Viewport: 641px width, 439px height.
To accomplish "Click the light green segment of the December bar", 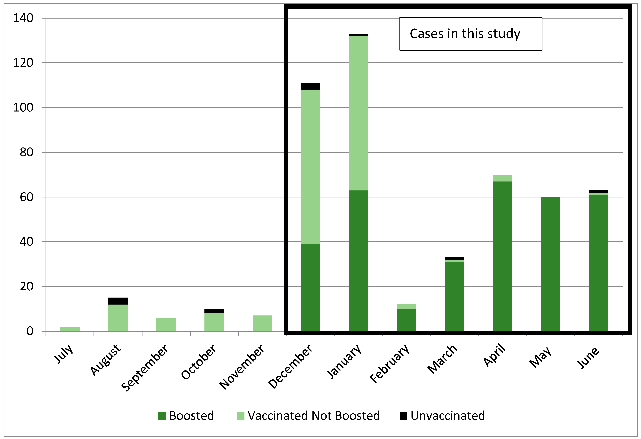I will point(310,167).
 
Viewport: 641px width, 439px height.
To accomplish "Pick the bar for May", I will point(550,264).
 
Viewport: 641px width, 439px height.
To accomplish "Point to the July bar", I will point(70,329).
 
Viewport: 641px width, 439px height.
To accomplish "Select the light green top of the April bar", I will point(502,178).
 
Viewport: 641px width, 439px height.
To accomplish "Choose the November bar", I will point(262,323).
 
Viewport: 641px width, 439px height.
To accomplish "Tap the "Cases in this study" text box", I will point(471,34).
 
